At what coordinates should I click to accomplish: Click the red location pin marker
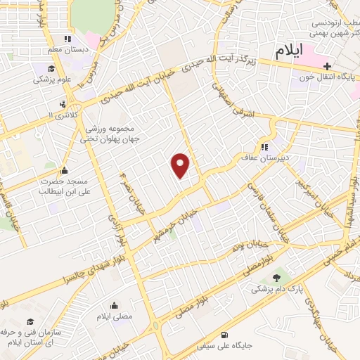point(181,165)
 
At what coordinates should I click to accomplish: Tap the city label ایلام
point(288,50)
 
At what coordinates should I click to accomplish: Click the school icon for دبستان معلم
point(67,39)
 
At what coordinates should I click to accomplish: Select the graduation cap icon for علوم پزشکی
point(51,69)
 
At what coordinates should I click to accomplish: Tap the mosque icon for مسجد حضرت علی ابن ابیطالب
point(65,170)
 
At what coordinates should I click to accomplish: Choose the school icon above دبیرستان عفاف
point(265,148)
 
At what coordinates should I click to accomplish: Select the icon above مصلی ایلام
point(115,306)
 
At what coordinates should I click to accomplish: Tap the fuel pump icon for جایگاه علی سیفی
point(224,334)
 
